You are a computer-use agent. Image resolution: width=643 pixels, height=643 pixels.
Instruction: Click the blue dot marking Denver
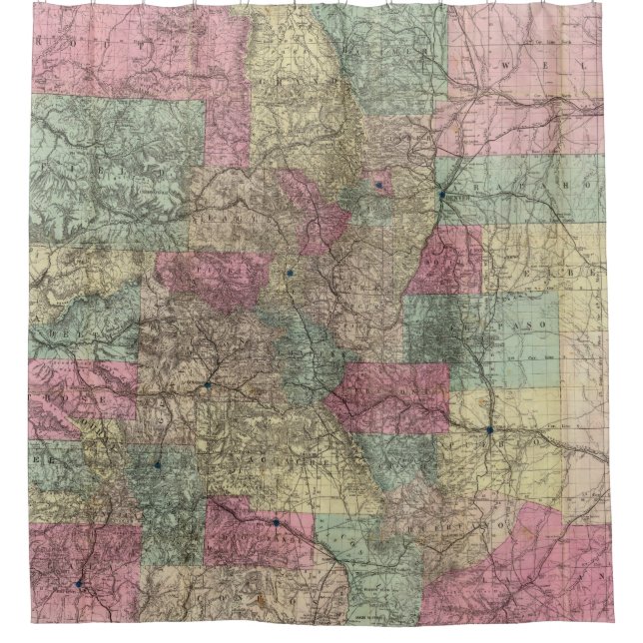pyautogui.click(x=441, y=196)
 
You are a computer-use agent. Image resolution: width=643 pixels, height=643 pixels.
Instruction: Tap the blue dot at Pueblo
pyautogui.click(x=489, y=430)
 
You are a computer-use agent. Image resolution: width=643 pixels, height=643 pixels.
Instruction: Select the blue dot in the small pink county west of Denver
pyautogui.click(x=378, y=184)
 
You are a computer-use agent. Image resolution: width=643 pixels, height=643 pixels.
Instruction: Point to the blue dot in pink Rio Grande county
pyautogui.click(x=276, y=521)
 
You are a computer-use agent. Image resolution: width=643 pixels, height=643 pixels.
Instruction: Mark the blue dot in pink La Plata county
pyautogui.click(x=77, y=582)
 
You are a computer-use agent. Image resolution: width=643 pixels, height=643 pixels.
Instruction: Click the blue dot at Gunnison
pyautogui.click(x=208, y=383)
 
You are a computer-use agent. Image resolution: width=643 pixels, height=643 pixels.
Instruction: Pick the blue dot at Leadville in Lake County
pyautogui.click(x=289, y=272)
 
